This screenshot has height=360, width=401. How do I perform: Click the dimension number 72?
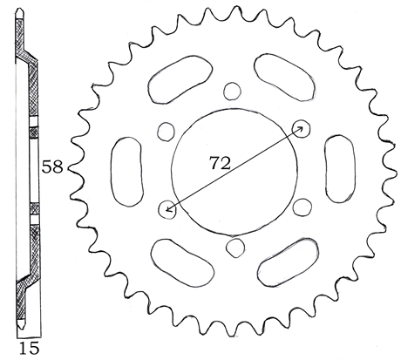(x=220, y=163)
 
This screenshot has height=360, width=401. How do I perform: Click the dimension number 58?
(x=52, y=167)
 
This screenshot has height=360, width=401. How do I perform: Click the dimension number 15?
(x=29, y=348)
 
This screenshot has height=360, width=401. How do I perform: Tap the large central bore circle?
(x=172, y=172)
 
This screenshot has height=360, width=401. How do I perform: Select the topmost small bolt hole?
(x=232, y=91)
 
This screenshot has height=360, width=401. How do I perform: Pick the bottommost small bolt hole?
(x=235, y=248)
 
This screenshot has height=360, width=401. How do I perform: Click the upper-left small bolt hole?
(x=166, y=132)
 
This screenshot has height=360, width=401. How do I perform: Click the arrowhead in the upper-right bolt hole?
(x=301, y=128)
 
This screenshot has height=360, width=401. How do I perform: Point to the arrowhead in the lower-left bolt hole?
(x=168, y=208)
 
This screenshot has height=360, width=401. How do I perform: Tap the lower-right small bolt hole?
(x=302, y=207)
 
